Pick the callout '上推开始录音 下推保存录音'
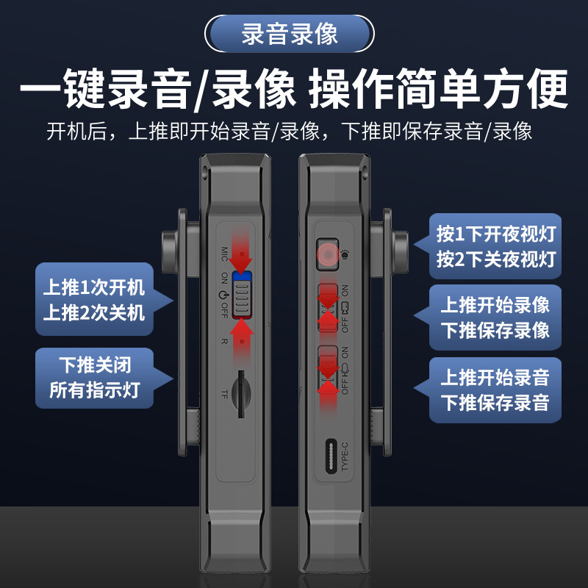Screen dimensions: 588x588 495,390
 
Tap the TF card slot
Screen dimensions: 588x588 241,394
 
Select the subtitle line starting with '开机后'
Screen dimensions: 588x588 290,132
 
